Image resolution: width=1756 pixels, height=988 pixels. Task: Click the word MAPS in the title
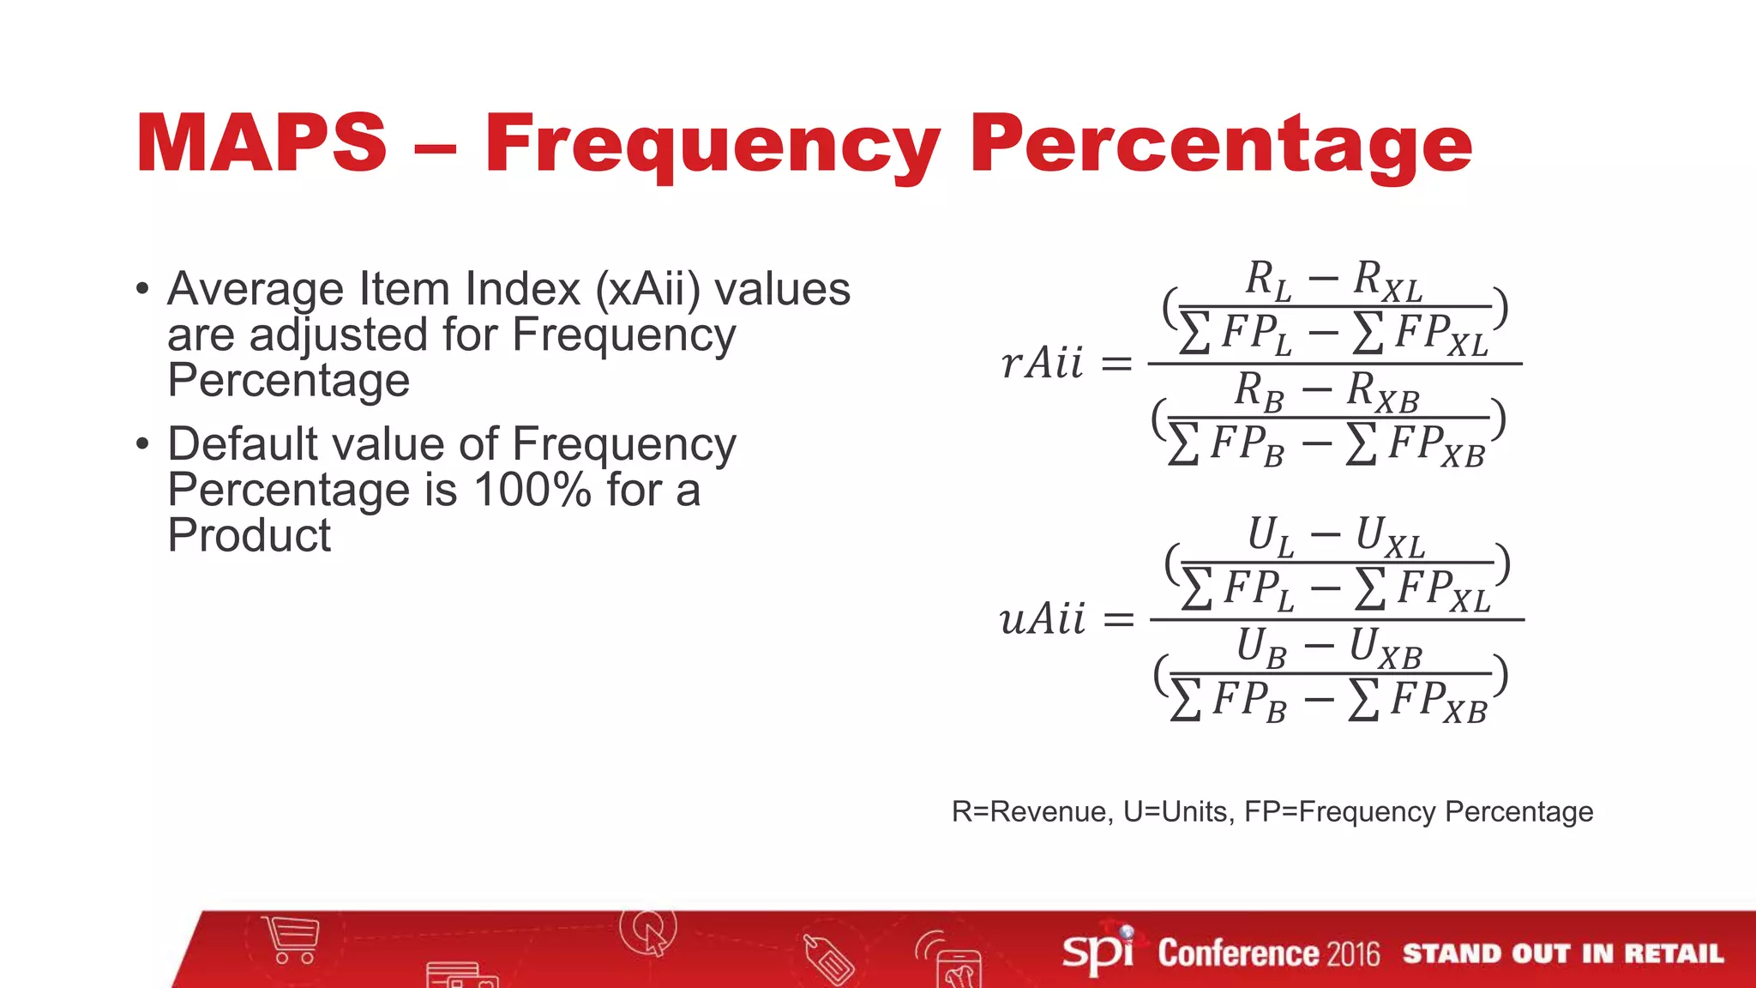coord(262,143)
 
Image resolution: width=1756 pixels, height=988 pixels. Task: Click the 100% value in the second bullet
coord(532,490)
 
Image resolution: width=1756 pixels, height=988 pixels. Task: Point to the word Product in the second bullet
coord(249,536)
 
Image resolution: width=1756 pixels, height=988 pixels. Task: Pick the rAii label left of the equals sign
coord(1042,363)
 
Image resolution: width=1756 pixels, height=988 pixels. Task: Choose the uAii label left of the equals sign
coord(1042,618)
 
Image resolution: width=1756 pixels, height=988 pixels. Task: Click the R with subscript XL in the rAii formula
coord(1387,282)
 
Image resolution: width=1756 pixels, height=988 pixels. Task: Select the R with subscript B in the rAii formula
coord(1259,393)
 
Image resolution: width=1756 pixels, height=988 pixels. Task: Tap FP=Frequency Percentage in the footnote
coord(1418,811)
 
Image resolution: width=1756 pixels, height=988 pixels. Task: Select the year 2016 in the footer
coord(1352,954)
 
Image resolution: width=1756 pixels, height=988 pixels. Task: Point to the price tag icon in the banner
coord(827,958)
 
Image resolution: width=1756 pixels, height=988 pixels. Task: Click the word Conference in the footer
coord(1238,954)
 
